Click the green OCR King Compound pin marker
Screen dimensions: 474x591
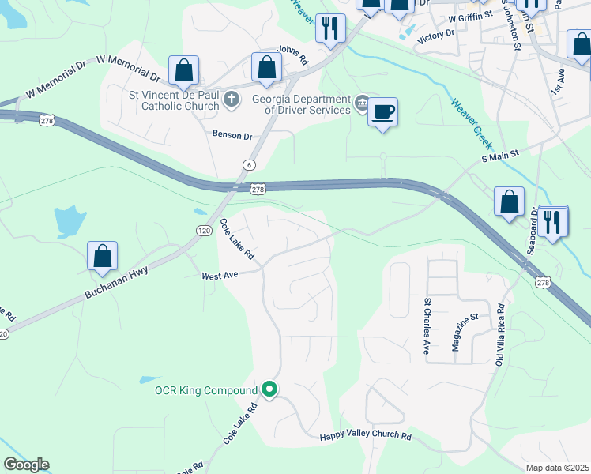point(269,389)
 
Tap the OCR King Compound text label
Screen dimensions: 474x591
point(205,390)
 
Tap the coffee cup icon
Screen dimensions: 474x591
point(383,111)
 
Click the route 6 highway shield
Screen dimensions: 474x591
point(250,164)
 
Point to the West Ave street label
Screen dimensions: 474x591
point(220,276)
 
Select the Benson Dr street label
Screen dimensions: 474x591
point(232,135)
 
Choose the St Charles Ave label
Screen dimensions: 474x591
point(427,325)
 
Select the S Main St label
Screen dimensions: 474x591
point(500,156)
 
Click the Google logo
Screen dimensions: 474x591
point(26,465)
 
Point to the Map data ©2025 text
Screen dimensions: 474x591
point(556,468)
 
